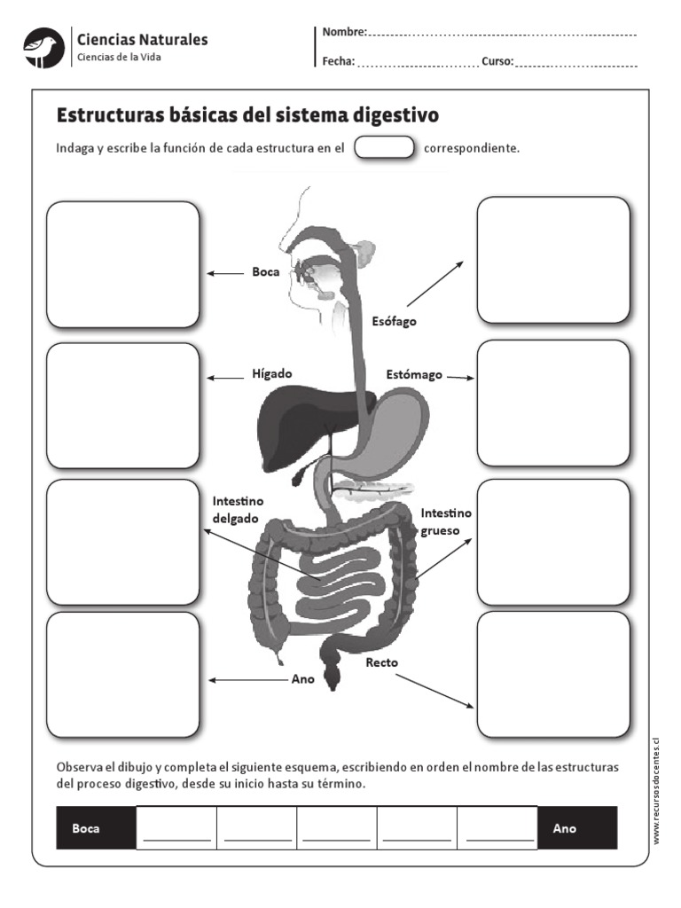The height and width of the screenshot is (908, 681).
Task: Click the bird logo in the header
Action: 44,47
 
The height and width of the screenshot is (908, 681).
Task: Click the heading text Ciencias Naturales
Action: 143,39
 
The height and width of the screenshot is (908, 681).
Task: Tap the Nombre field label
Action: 344,33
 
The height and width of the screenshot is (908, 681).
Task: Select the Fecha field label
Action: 339,62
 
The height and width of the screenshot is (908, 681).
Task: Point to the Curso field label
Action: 497,62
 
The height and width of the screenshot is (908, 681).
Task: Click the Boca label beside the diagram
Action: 265,273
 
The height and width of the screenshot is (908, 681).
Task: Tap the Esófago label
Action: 394,322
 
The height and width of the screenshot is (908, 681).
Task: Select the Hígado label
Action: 271,374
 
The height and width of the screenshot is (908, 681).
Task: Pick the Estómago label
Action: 413,375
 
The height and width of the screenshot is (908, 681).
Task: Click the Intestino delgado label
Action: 238,510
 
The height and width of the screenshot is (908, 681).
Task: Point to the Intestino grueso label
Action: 446,522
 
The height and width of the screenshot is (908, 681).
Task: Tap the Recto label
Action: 381,662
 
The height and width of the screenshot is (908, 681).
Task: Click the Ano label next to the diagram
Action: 303,680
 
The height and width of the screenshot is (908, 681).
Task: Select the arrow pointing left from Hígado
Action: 225,377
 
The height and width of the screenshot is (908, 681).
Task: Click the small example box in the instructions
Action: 384,148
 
